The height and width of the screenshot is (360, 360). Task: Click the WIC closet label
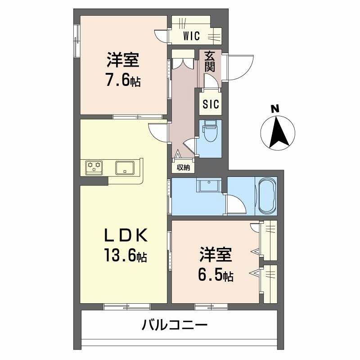tap(191, 36)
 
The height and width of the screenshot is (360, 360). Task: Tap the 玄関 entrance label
tap(209, 62)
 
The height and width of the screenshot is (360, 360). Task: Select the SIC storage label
tap(210, 104)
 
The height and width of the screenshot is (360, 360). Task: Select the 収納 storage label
tap(183, 168)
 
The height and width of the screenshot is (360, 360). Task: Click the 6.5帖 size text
tap(216, 275)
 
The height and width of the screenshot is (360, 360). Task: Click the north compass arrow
tap(278, 132)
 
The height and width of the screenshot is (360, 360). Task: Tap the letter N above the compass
tap(274, 108)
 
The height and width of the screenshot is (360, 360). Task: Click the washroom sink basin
tap(208, 186)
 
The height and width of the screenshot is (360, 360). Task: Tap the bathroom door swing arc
tap(236, 205)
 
